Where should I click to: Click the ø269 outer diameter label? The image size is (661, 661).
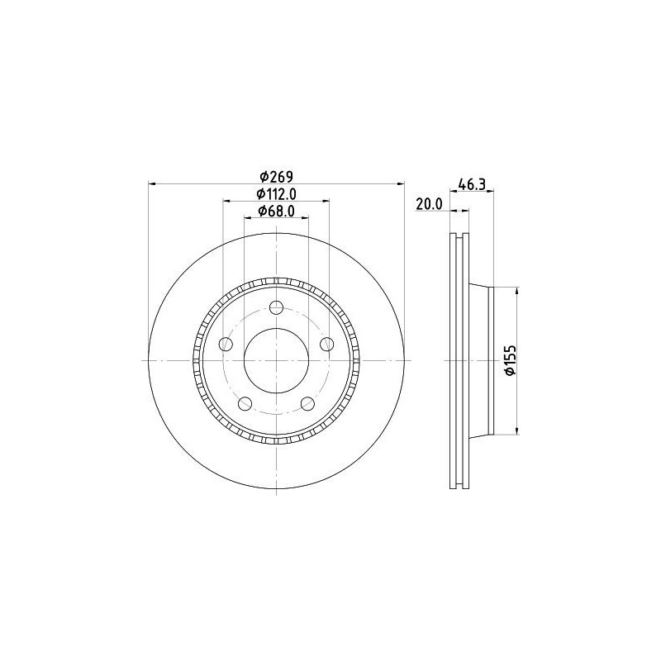pyautogui.click(x=277, y=176)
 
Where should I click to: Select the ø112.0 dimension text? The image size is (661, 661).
pyautogui.click(x=277, y=193)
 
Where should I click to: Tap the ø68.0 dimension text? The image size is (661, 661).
pyautogui.click(x=276, y=211)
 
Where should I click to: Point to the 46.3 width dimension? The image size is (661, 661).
pyautogui.click(x=472, y=183)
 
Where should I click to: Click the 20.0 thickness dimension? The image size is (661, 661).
pyautogui.click(x=429, y=204)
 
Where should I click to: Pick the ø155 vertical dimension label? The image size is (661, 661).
pyautogui.click(x=511, y=360)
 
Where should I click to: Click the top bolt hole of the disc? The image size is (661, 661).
pyautogui.click(x=276, y=307)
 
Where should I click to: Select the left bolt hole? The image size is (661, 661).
pyautogui.click(x=226, y=344)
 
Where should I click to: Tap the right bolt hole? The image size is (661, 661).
pyautogui.click(x=326, y=344)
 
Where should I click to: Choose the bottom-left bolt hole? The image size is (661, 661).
pyautogui.click(x=245, y=403)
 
